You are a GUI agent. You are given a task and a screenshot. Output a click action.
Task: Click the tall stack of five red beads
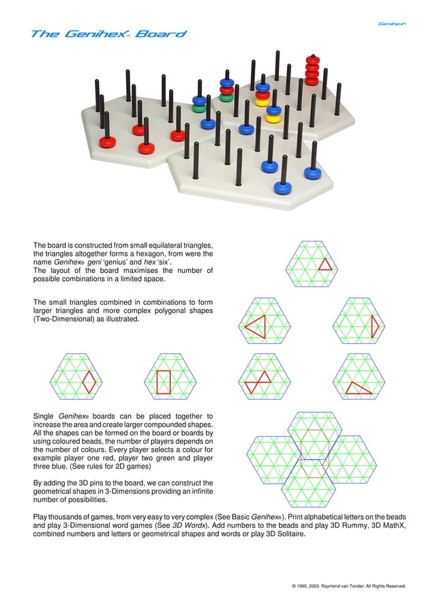(x=312, y=70)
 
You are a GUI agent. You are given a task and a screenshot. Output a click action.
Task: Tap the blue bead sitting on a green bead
(x=199, y=103)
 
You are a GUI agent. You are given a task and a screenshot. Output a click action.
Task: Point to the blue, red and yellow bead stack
(x=262, y=95)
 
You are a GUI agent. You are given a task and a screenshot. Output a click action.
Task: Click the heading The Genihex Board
(x=108, y=34)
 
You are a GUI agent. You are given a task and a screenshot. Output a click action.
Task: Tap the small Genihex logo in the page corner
(x=393, y=24)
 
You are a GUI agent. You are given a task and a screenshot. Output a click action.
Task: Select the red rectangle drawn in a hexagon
(x=164, y=382)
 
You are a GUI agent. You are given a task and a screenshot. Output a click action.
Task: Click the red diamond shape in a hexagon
(x=89, y=382)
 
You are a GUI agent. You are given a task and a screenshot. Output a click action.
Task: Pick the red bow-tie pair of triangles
(x=258, y=382)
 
